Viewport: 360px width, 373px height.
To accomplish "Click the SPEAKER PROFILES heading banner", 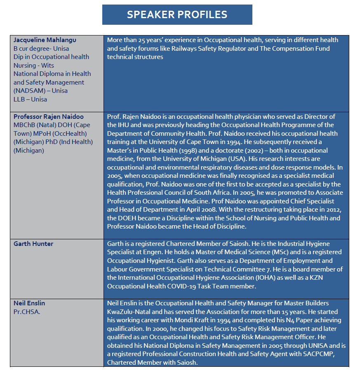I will (177, 15).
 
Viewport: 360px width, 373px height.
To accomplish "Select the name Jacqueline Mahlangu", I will (45, 40).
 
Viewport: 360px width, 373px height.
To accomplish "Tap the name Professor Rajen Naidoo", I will (49, 117).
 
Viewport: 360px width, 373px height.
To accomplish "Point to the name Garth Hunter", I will (33, 244).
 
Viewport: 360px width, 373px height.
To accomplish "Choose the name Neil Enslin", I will (29, 303).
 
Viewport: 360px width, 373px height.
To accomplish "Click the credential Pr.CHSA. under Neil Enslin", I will (27, 312).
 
